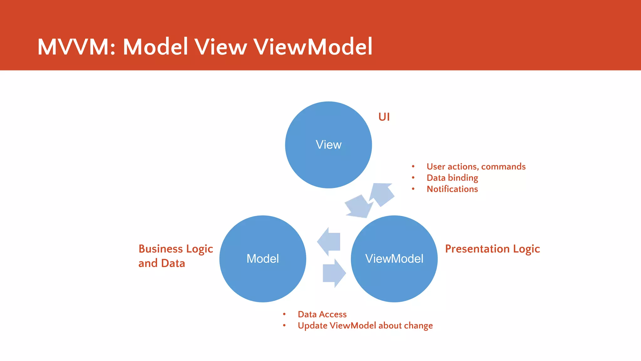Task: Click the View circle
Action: pos(328,145)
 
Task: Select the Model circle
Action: pos(263,259)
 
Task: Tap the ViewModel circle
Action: pos(394,259)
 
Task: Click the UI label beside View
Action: pos(384,117)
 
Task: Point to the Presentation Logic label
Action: pos(492,249)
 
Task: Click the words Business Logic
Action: pos(176,249)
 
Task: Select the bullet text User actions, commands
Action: pos(476,166)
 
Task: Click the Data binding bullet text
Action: pos(452,178)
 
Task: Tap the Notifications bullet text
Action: pos(452,189)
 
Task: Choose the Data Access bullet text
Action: pos(322,314)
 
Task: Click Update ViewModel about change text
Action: pos(365,326)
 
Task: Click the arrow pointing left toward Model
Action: pos(330,242)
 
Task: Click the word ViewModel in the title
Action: pos(313,47)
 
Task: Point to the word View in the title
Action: pos(221,47)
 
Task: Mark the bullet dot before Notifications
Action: pos(413,189)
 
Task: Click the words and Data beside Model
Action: pos(162,263)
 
